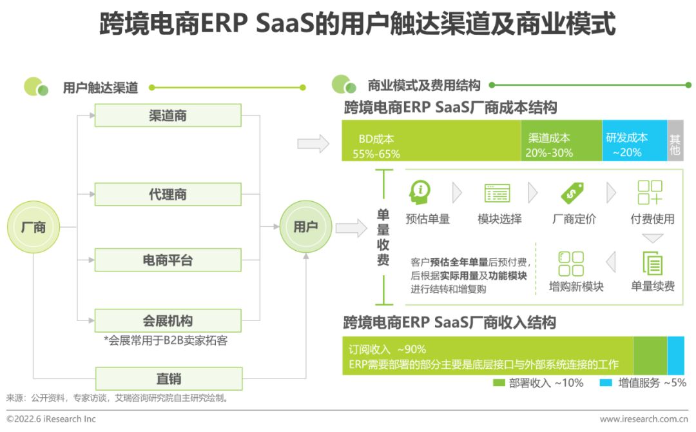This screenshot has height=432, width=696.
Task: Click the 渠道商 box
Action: [x=168, y=115]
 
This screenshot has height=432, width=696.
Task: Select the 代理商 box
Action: [x=168, y=194]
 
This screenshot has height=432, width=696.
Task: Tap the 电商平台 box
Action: [x=168, y=260]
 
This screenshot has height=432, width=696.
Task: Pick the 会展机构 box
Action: [x=168, y=320]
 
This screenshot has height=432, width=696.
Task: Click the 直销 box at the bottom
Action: [x=168, y=378]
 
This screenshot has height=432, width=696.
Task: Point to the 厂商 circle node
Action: [x=33, y=227]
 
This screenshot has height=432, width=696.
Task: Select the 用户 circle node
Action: [x=305, y=227]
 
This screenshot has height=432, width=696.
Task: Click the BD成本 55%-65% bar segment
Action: [x=430, y=141]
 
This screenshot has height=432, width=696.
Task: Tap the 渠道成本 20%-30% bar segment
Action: [x=561, y=141]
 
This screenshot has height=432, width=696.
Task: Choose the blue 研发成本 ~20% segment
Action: [x=634, y=141]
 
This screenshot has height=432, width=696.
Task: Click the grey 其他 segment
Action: [x=675, y=141]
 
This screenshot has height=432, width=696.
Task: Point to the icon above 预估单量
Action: [x=420, y=192]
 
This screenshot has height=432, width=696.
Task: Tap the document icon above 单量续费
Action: [x=652, y=263]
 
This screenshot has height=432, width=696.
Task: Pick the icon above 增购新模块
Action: [x=571, y=263]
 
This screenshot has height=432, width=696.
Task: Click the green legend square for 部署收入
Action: [x=499, y=383]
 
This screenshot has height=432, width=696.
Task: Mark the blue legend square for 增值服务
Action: [x=606, y=383]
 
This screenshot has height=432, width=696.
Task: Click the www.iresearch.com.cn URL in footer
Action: [x=643, y=419]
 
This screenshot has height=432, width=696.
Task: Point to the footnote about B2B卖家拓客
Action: [x=166, y=340]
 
